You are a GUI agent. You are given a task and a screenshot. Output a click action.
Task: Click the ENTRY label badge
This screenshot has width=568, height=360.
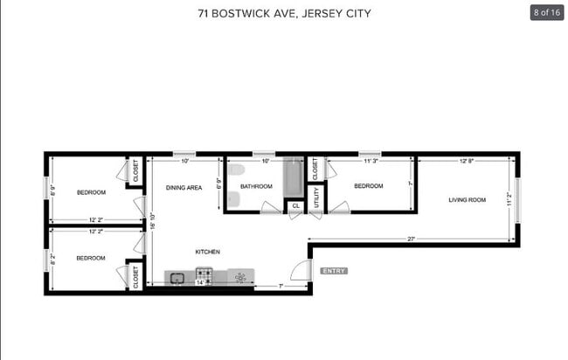point(334,271)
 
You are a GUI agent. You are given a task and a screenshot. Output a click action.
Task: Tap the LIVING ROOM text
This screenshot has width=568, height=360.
point(467,200)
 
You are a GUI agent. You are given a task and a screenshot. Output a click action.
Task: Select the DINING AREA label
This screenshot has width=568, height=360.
point(184,187)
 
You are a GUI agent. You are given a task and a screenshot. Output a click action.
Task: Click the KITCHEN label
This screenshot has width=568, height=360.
point(207,252)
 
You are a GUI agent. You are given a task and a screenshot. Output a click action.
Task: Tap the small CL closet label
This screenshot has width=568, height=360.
point(295,206)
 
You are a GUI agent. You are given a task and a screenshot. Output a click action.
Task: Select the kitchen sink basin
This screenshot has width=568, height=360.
point(177,278)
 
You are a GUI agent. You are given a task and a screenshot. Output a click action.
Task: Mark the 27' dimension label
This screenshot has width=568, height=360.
point(410,239)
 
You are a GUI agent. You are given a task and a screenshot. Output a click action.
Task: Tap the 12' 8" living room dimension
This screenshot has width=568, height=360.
point(468,161)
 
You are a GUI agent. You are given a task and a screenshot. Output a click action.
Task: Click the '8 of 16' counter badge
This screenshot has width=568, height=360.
point(546,13)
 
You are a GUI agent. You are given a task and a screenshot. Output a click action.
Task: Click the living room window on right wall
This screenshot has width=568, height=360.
point(517,200)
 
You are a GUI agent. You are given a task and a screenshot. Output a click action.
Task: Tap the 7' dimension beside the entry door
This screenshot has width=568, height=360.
point(280,285)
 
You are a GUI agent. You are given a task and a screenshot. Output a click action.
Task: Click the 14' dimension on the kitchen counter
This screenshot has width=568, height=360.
point(200,283)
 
